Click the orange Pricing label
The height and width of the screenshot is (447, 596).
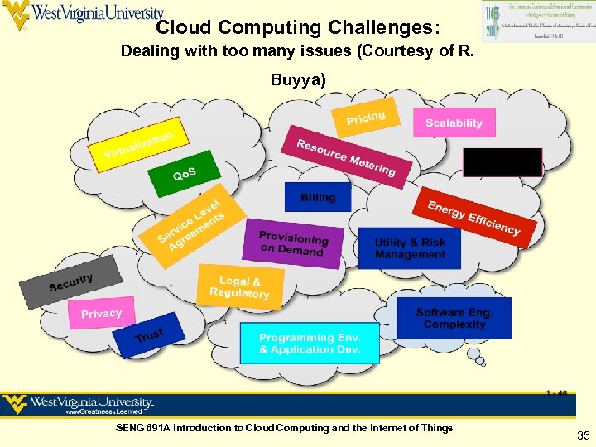(x=365, y=119)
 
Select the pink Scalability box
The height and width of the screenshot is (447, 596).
(x=454, y=123)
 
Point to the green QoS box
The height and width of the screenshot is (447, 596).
(x=184, y=173)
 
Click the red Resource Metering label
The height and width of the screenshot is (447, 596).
(x=346, y=156)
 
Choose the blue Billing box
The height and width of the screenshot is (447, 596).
(x=318, y=197)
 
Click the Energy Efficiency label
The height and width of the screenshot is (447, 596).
(x=473, y=218)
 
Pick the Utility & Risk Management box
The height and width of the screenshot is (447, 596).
(x=410, y=248)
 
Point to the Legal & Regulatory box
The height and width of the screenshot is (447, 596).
(x=239, y=287)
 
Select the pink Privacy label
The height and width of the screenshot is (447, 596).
(x=102, y=314)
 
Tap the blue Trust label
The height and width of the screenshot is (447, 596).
(x=150, y=335)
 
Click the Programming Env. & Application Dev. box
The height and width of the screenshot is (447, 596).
(x=309, y=344)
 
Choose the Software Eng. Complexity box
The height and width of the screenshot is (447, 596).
(x=454, y=319)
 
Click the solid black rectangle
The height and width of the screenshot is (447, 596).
(x=502, y=162)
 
